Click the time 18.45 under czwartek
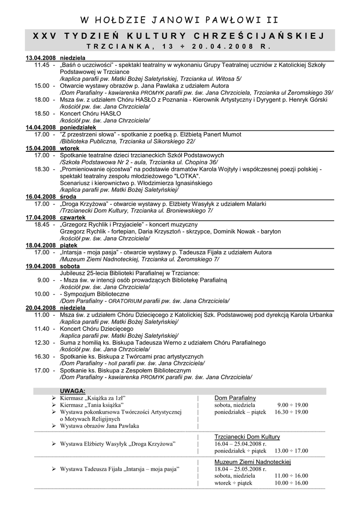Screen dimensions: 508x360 (x=42, y=225)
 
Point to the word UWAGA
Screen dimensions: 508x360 (x=73, y=390)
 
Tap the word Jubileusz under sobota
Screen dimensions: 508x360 (x=74, y=273)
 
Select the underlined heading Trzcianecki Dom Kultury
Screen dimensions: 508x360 (x=247, y=437)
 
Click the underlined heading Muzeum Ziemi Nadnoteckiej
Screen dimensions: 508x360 (x=252, y=462)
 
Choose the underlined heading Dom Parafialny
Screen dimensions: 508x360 (x=235, y=398)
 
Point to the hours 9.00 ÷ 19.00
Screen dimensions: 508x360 (x=292, y=405)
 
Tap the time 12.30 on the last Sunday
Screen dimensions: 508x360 (x=42, y=343)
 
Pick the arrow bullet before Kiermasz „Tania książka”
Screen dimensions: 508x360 (x=54, y=405)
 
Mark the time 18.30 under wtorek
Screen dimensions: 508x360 (x=42, y=169)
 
